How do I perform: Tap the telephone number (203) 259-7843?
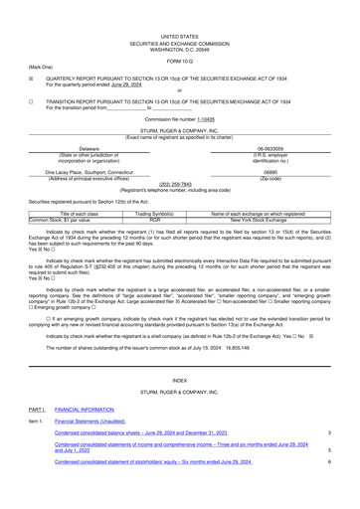pyautogui.click(x=179, y=183)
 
